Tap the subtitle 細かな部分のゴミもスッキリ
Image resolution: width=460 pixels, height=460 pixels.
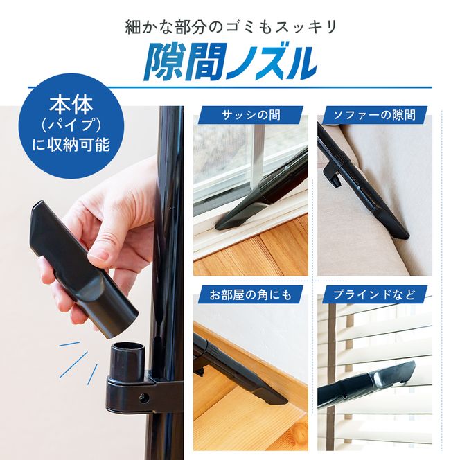pos(229,27)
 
